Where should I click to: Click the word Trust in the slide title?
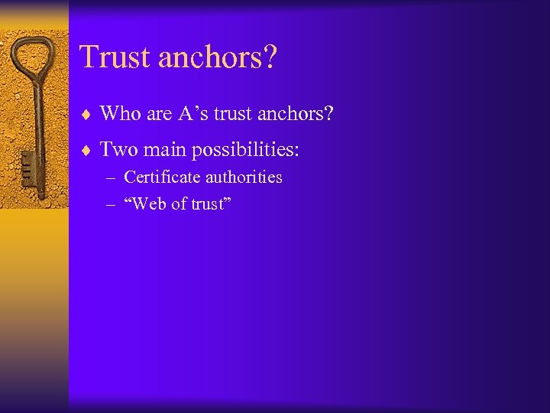click(x=112, y=57)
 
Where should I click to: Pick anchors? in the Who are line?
click(x=296, y=114)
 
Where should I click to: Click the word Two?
click(x=118, y=149)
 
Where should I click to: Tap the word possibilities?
click(x=245, y=151)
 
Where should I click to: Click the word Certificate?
click(x=160, y=177)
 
